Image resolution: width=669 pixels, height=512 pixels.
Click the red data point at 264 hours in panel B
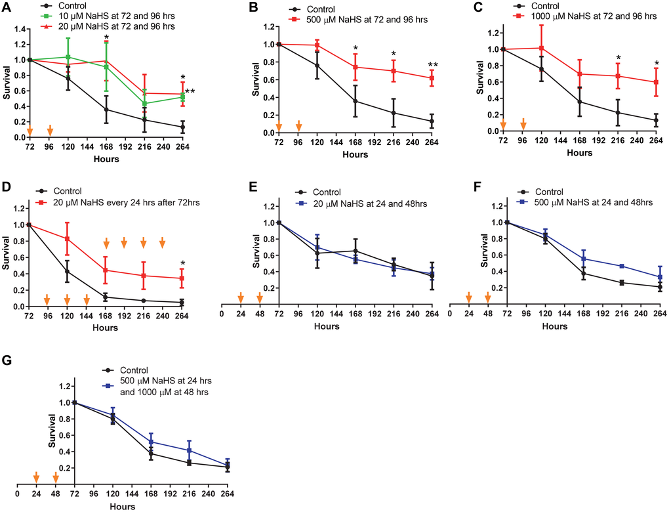(x=432, y=78)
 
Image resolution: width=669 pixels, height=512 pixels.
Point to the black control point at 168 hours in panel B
(x=355, y=101)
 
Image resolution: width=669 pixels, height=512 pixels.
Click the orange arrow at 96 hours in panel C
(x=523, y=124)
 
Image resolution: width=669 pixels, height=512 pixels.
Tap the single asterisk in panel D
(x=182, y=265)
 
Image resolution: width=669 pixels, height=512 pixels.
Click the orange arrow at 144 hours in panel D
(x=87, y=300)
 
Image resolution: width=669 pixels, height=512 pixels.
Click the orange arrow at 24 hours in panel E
(x=241, y=297)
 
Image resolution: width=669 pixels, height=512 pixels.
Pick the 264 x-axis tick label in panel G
(x=228, y=495)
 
